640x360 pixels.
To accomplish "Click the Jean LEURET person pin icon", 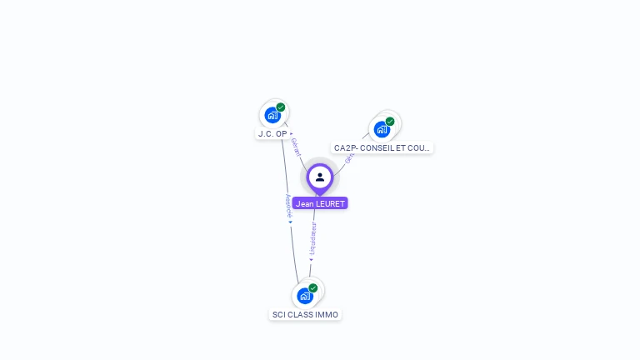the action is (320, 177).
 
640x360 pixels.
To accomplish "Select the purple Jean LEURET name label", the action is (320, 203).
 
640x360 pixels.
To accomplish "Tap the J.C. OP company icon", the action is (272, 115).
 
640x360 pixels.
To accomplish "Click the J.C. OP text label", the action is (272, 133).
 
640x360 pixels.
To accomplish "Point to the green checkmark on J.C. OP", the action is (281, 107).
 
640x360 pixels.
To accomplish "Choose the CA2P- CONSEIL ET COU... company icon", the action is (382, 129).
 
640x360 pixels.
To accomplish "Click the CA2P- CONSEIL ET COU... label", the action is (382, 147).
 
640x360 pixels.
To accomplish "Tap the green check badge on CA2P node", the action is (390, 122).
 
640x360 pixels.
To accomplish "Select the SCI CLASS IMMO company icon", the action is (305, 296).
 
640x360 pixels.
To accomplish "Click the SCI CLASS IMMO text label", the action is (305, 314).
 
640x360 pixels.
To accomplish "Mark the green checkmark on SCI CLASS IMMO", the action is (313, 288).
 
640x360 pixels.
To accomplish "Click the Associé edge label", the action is (288, 205).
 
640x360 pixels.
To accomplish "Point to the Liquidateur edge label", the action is (312, 237).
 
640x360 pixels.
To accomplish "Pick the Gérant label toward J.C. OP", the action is (296, 148).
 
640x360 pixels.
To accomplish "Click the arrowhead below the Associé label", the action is (291, 222).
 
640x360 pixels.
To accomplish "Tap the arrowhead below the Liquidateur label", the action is (311, 259).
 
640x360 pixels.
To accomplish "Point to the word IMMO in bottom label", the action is (327, 314).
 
